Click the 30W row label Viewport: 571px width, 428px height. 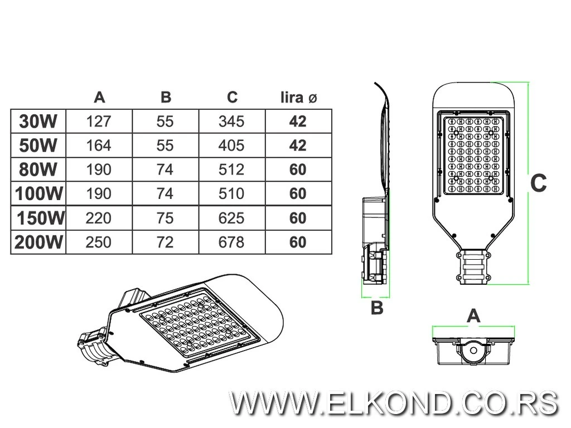coord(38,121)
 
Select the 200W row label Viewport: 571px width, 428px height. coord(38,242)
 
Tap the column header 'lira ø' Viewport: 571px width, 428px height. coord(298,98)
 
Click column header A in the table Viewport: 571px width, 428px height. coord(99,98)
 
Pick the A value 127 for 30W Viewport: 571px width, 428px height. coord(99,121)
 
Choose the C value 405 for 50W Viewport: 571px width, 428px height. coord(232,145)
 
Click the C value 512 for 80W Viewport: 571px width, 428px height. coord(232,169)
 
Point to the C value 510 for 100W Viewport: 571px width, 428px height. coord(232,193)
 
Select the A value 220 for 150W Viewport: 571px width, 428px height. coord(99,218)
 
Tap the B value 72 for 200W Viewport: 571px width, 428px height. coord(166,242)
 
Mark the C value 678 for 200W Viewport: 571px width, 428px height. coord(232,242)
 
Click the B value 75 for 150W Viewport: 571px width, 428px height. coord(166,218)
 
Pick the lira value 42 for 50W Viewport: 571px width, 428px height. coord(298,145)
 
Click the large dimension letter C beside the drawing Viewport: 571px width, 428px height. coord(539,183)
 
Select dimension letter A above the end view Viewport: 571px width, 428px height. coord(473,316)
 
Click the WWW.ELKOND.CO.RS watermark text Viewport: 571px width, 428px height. coord(394,402)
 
